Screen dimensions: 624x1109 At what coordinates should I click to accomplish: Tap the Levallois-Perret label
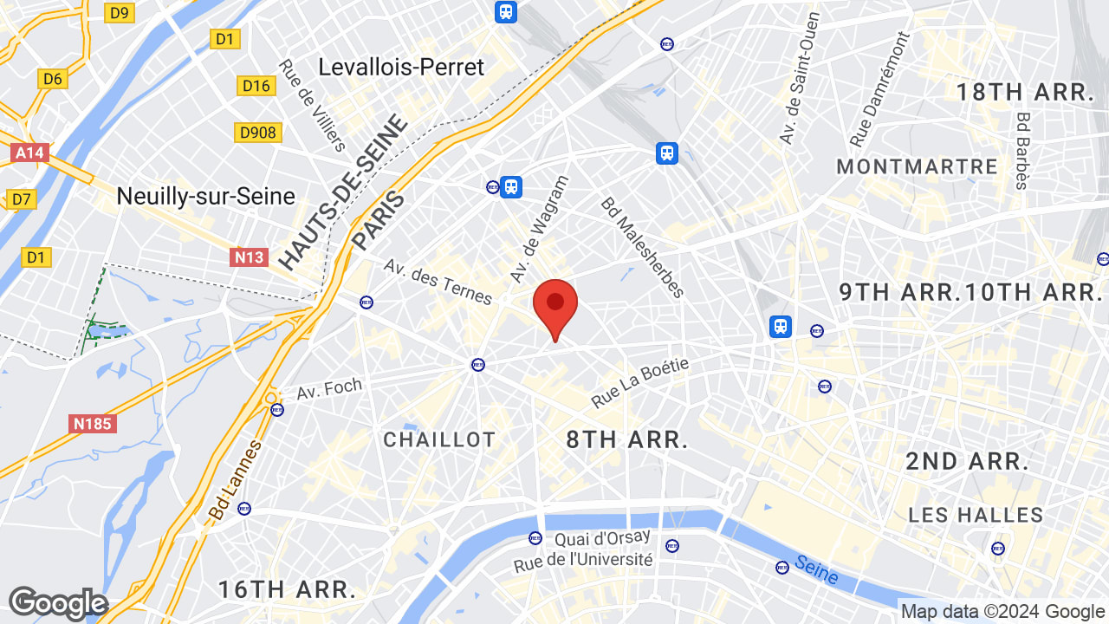pos(401,67)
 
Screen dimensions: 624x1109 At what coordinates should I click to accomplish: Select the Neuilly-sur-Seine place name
pos(206,197)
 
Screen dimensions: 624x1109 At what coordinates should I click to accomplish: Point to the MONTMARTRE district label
pos(917,166)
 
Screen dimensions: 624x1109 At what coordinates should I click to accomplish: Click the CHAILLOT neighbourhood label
pos(439,439)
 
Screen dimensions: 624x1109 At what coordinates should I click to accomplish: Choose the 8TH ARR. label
pos(627,439)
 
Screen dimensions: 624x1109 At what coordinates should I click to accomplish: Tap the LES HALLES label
pos(976,515)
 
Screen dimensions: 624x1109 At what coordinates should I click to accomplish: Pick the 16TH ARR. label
pos(287,590)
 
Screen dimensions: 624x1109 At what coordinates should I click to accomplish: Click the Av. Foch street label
pos(329,388)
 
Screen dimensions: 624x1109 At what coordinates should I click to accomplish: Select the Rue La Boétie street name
pos(640,383)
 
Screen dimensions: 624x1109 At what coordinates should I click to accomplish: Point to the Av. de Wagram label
pos(540,229)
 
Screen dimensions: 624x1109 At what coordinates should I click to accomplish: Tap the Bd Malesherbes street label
pos(643,247)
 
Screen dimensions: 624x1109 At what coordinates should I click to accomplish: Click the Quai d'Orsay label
pos(597,539)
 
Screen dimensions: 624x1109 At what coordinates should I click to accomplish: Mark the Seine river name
pos(816,569)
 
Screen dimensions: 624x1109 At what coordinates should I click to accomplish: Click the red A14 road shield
pos(29,153)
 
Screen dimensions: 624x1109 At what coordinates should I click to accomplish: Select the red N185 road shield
pos(93,424)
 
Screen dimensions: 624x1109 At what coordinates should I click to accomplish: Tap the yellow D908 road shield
pos(257,133)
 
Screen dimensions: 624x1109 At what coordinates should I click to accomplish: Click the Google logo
pos(58,604)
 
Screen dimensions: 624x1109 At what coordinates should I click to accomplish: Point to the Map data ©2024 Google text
pos(1002,612)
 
